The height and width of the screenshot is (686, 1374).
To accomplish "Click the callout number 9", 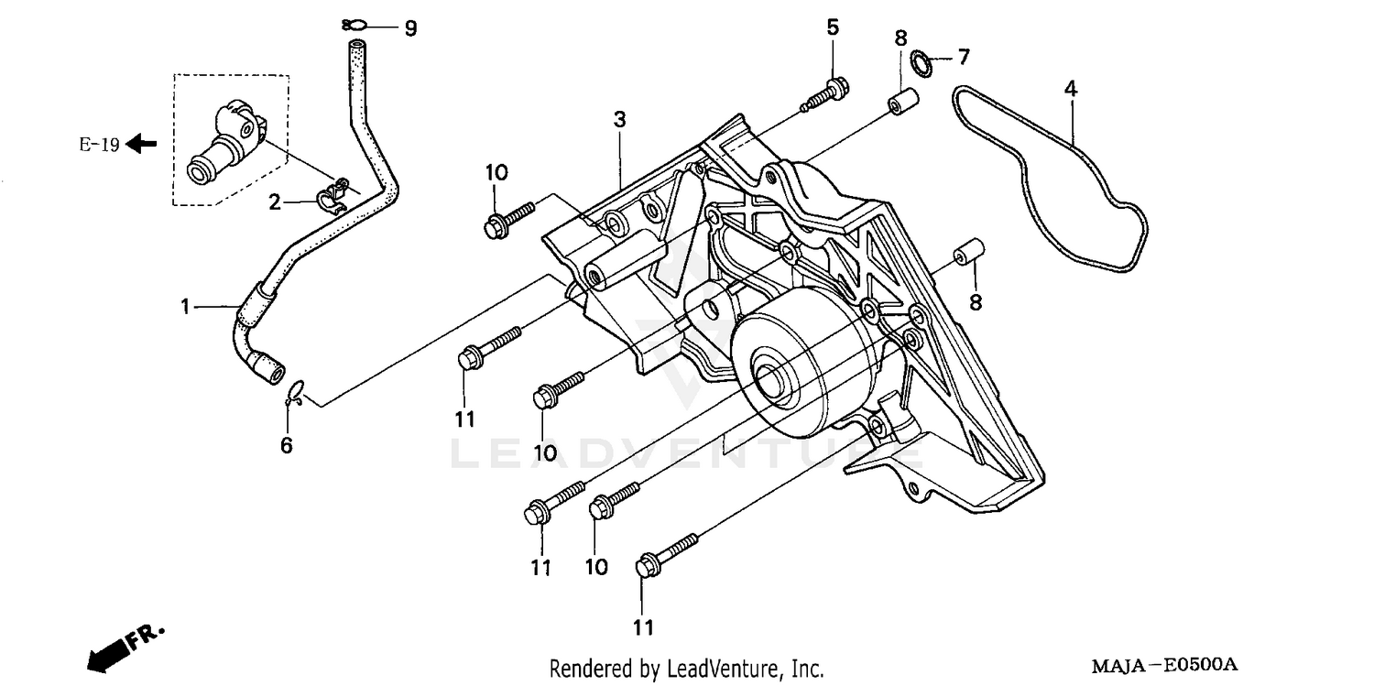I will [x=410, y=29].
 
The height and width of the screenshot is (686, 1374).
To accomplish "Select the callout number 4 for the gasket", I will [x=1070, y=89].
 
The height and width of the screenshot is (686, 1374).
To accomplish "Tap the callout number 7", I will [x=963, y=58].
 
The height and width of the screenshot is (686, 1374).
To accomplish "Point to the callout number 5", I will [x=832, y=27].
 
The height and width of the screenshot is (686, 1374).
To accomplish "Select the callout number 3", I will [x=619, y=119].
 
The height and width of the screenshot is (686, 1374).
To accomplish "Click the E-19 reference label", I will [x=99, y=144].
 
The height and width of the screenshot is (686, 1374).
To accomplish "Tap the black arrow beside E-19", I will [x=141, y=143].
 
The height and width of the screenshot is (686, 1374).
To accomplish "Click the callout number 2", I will [x=275, y=202].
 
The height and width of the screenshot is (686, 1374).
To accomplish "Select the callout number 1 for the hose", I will [x=185, y=306].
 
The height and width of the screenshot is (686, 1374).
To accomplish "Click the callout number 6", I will [x=286, y=446].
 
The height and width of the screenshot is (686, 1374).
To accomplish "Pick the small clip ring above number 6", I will [x=294, y=394].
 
